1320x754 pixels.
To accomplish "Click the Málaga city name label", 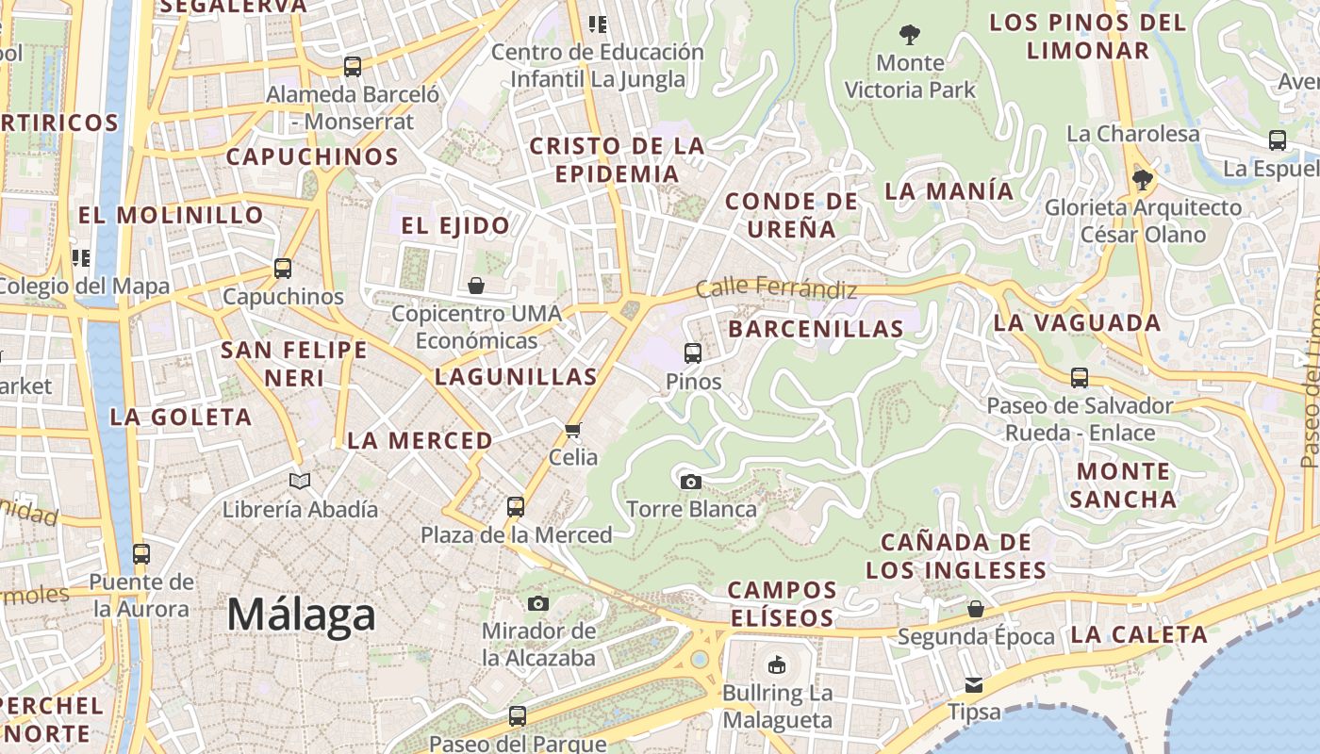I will click(301, 615).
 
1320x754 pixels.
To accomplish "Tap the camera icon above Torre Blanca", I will click(690, 482).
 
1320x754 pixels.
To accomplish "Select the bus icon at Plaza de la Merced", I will click(516, 507).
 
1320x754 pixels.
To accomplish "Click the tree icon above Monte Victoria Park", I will click(909, 35).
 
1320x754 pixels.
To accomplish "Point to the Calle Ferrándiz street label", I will click(776, 288).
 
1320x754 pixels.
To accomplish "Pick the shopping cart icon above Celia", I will click(572, 430).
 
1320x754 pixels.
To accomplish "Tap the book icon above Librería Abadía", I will click(300, 482).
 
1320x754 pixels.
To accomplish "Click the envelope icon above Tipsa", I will click(973, 684).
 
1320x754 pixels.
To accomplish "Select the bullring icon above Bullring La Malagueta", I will click(777, 665).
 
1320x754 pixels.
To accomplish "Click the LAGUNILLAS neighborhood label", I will click(516, 377).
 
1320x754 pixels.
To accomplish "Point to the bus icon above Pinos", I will click(693, 353).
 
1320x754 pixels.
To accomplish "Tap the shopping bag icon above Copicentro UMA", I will click(476, 285).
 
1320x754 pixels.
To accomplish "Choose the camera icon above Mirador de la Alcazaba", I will click(538, 603).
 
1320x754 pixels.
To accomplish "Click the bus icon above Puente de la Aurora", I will click(141, 554).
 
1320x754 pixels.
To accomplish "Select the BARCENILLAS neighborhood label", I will click(817, 329).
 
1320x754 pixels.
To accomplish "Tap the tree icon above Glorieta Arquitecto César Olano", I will click(1143, 179).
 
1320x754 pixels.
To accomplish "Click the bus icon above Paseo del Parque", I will click(517, 716).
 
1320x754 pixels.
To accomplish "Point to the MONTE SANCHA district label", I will click(1123, 484).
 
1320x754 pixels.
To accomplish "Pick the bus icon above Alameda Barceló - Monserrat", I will click(352, 67).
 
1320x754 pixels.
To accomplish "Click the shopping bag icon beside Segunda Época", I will click(976, 609).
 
